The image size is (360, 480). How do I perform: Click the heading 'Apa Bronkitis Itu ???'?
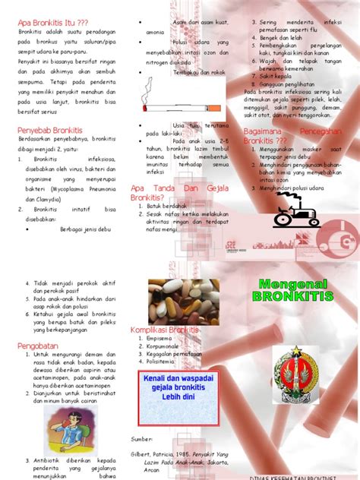(x=53, y=23)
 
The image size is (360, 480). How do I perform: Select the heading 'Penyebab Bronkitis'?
(x=49, y=131)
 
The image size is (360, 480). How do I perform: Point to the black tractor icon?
(x=297, y=210)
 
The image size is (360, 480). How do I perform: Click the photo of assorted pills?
(x=183, y=301)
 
